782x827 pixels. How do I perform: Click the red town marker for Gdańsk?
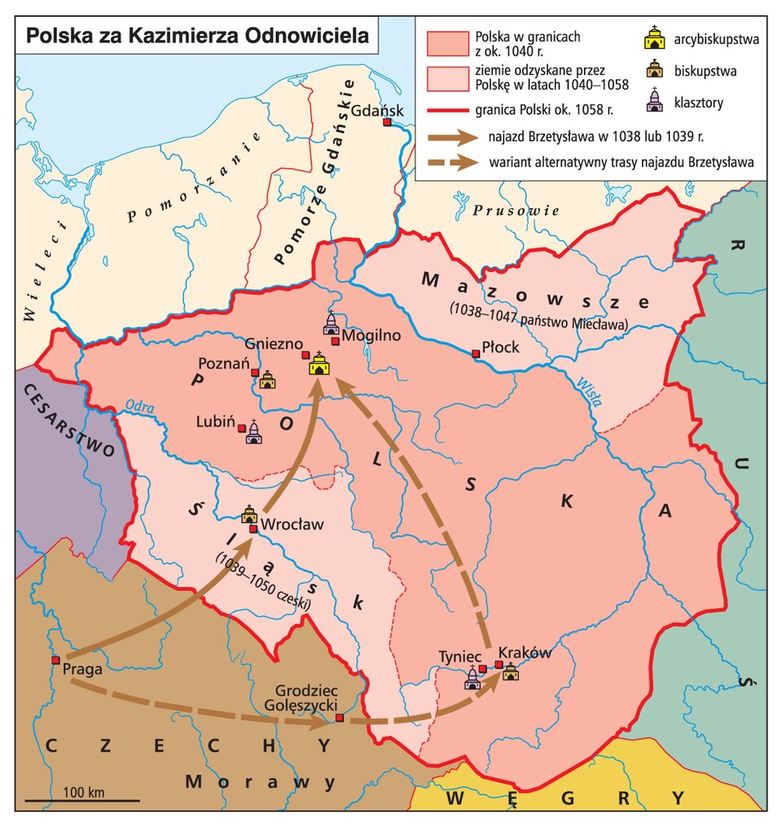point(387,123)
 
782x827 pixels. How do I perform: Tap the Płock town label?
point(500,347)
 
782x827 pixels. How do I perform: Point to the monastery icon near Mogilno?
point(331,324)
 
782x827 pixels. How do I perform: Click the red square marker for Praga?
point(55,659)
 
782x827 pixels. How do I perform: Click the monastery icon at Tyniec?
point(472,678)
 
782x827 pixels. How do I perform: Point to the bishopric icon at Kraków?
point(511,672)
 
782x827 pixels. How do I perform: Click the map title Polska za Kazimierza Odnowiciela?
point(196,37)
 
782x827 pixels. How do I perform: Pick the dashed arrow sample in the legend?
point(453,162)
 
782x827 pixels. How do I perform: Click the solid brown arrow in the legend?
point(453,137)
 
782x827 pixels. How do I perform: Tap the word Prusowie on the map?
point(515,211)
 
